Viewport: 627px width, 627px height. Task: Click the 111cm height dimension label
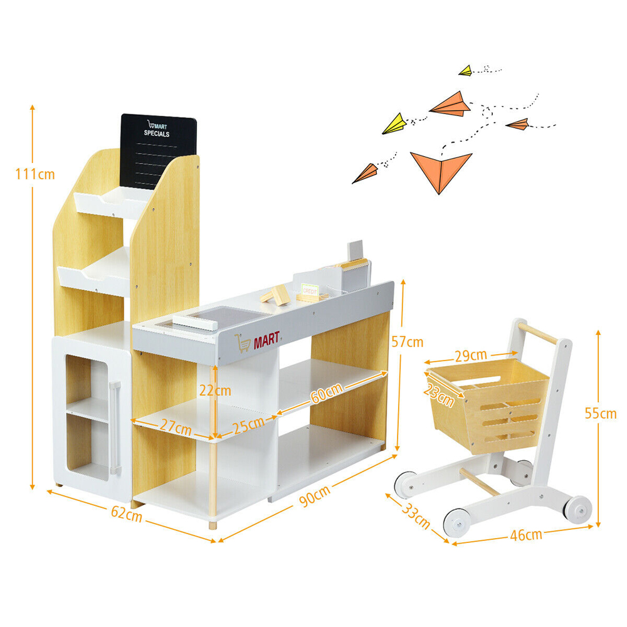(34, 173)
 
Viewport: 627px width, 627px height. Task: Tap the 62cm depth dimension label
(126, 515)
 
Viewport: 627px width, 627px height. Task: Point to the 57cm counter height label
(407, 342)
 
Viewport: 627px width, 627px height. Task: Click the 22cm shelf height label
(215, 390)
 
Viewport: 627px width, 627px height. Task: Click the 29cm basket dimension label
(471, 356)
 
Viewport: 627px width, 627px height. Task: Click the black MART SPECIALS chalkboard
(156, 150)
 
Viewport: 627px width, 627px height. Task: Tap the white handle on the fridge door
(114, 426)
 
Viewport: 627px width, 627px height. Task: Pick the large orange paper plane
(440, 169)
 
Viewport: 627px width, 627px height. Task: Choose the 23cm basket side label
(438, 391)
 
